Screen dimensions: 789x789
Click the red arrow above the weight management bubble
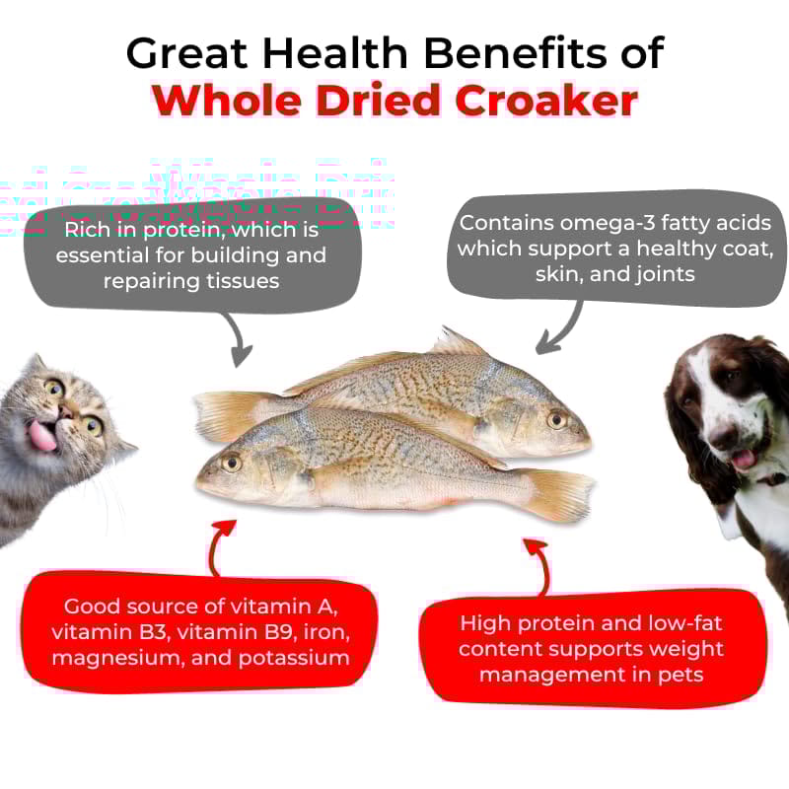pyautogui.click(x=538, y=563)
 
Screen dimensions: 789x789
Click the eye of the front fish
pyautogui.click(x=232, y=461)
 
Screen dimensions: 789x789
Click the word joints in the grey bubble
pyautogui.click(x=664, y=273)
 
